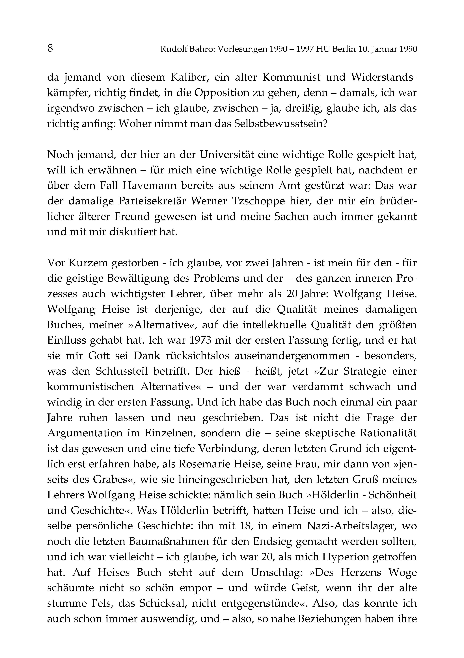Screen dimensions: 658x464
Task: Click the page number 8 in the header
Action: click(50, 49)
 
